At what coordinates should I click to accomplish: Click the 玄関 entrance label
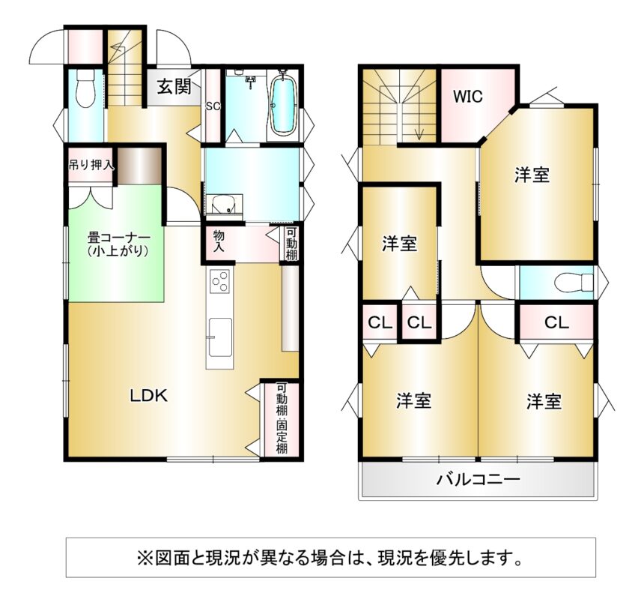click(174, 86)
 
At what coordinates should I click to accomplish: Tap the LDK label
click(149, 396)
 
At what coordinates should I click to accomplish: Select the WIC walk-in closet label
click(468, 97)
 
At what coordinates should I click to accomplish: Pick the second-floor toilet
click(574, 282)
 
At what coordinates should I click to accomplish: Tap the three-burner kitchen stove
click(219, 281)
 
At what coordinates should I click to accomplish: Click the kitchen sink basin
click(219, 337)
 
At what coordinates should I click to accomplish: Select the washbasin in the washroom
click(224, 205)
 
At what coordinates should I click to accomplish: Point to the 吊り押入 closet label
click(91, 166)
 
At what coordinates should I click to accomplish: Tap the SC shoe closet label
click(213, 106)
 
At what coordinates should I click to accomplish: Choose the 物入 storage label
click(219, 241)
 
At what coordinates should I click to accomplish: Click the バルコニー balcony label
click(478, 479)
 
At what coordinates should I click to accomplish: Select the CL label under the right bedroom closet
click(556, 322)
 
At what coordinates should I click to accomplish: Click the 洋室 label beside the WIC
click(532, 175)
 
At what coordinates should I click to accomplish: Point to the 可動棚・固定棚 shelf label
click(282, 418)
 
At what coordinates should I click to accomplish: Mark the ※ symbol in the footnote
click(145, 558)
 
